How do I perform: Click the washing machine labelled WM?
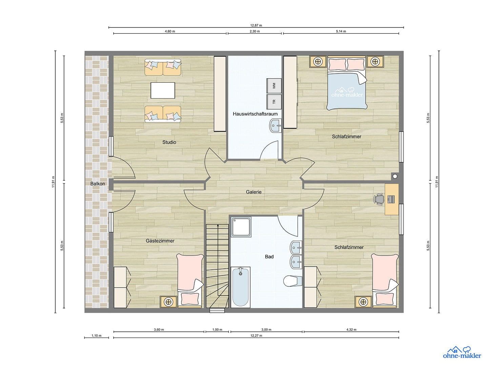pyautogui.click(x=274, y=86)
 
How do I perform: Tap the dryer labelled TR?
pyautogui.click(x=274, y=101)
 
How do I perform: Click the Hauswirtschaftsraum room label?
pyautogui.click(x=255, y=114)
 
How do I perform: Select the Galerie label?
pyautogui.click(x=253, y=192)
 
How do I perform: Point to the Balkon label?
pyautogui.click(x=98, y=184)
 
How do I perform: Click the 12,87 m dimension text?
pyautogui.click(x=256, y=25)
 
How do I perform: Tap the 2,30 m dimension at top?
pyautogui.click(x=255, y=31)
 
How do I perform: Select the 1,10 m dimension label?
pyautogui.click(x=96, y=335)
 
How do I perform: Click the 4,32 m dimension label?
pyautogui.click(x=351, y=329)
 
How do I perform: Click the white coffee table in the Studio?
pyautogui.click(x=163, y=90)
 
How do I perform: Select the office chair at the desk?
pyautogui.click(x=379, y=199)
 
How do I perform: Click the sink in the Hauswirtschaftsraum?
pyautogui.click(x=276, y=125)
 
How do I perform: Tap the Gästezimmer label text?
pyautogui.click(x=160, y=241)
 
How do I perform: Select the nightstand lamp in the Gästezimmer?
pyautogui.click(x=168, y=301)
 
